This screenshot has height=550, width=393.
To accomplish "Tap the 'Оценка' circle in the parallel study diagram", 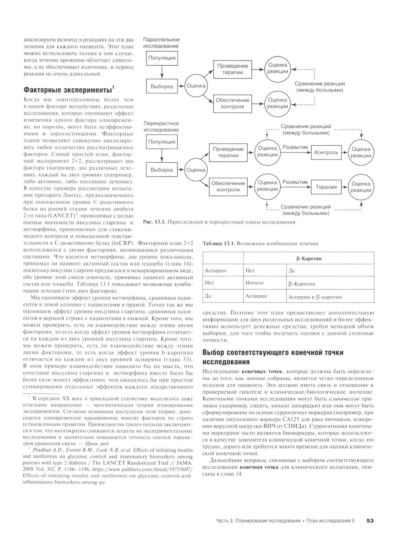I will [x=196, y=86].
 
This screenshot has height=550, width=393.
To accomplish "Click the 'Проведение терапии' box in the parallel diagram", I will [x=232, y=69].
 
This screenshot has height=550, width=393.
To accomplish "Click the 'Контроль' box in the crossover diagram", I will [x=326, y=152].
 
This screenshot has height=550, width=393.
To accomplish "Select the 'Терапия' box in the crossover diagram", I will [x=326, y=187].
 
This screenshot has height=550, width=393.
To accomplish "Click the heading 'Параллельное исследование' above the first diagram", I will [x=162, y=43].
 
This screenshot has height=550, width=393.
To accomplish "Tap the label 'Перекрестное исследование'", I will [x=161, y=126].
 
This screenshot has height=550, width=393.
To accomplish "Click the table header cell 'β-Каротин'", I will [x=309, y=258].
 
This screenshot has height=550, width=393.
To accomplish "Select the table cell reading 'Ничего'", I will [x=254, y=283].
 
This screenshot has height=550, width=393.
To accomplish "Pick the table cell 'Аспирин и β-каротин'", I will [x=315, y=297].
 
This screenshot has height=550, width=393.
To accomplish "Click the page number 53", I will [x=369, y=521].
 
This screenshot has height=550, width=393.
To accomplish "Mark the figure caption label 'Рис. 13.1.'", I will [x=154, y=222].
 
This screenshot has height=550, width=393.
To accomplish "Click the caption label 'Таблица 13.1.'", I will [x=219, y=244].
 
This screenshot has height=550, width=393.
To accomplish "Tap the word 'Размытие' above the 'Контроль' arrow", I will [x=295, y=147].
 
